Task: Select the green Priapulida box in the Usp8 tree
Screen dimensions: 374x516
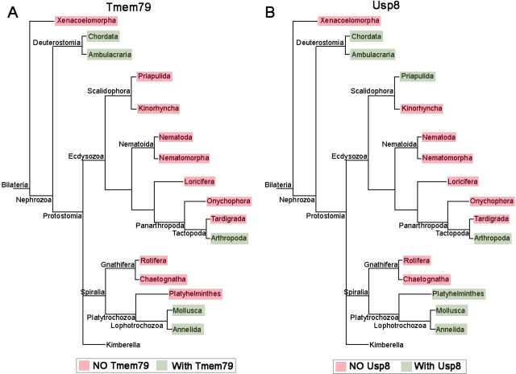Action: [x=417, y=76]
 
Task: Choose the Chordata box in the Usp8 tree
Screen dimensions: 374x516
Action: [x=366, y=36]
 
